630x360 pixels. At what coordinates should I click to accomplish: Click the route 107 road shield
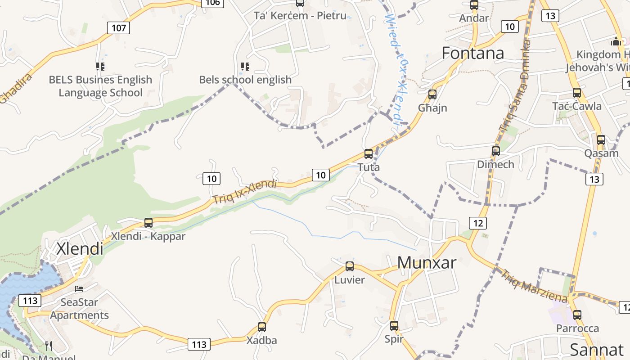point(119,28)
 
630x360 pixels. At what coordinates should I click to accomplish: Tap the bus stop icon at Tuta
point(369,154)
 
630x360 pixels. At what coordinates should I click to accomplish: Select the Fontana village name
point(472,53)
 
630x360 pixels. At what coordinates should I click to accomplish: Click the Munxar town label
point(427,262)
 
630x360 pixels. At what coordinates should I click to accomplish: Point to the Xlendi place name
point(80,248)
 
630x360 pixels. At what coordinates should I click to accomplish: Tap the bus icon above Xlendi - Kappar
point(148,222)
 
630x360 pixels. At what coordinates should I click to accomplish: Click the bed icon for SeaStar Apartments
point(80,289)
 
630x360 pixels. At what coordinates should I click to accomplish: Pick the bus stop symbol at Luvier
point(350,266)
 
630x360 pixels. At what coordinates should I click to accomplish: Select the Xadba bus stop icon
point(262,327)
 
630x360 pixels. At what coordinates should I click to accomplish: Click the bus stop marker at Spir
point(394,326)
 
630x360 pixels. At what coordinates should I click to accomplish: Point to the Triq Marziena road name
point(534,286)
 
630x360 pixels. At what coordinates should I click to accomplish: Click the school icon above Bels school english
point(245,67)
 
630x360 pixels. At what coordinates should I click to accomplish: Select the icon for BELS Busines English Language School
point(100,67)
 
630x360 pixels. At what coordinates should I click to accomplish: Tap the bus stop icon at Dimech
point(496,151)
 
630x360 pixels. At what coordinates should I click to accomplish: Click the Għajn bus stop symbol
point(432,94)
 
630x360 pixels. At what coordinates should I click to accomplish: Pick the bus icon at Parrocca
point(577,315)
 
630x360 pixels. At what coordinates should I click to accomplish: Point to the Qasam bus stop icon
point(601,140)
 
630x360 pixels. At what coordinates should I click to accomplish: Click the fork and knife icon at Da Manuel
point(49,346)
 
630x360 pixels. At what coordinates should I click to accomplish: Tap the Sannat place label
point(596,350)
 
